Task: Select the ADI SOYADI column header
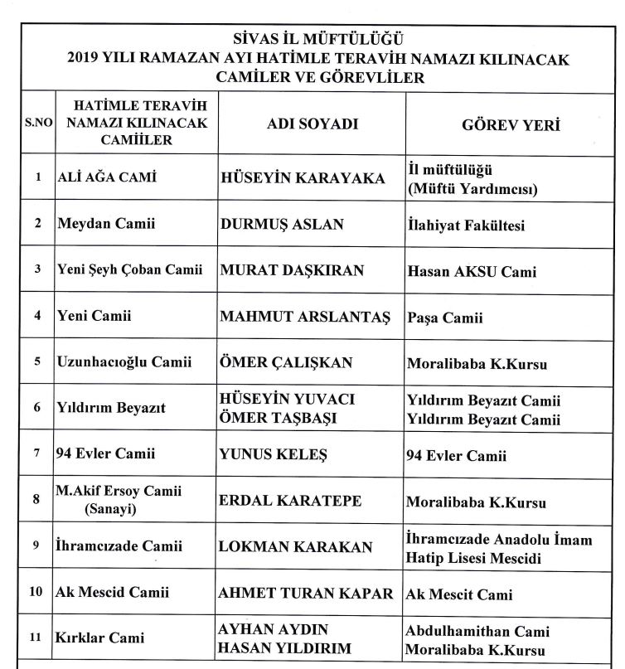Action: (x=312, y=124)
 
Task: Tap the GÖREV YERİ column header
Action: (x=511, y=125)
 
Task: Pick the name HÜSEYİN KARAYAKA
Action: (x=303, y=178)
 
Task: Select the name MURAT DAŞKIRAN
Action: (x=288, y=270)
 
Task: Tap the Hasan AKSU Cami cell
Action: (x=472, y=271)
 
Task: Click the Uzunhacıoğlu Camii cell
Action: (x=124, y=361)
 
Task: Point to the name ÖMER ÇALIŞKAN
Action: (x=287, y=362)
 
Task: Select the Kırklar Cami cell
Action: (x=100, y=638)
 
